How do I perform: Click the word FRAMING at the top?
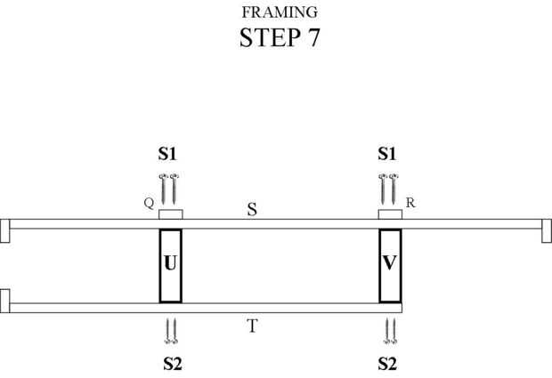(280, 12)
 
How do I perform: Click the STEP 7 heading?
(279, 38)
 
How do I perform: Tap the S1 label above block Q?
(167, 154)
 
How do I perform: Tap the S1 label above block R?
(386, 154)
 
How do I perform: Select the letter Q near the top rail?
(148, 203)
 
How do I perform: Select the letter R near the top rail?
(410, 203)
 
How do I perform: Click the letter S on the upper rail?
(252, 210)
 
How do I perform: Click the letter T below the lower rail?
(252, 326)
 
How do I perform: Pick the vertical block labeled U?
(170, 265)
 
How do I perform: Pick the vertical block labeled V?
(390, 265)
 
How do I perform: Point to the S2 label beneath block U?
(172, 363)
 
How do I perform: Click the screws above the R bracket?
(388, 188)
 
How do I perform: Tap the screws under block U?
(171, 330)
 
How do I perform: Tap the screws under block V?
(390, 330)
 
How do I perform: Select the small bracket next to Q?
(170, 214)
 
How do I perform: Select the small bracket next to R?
(389, 214)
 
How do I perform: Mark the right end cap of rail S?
(545, 230)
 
